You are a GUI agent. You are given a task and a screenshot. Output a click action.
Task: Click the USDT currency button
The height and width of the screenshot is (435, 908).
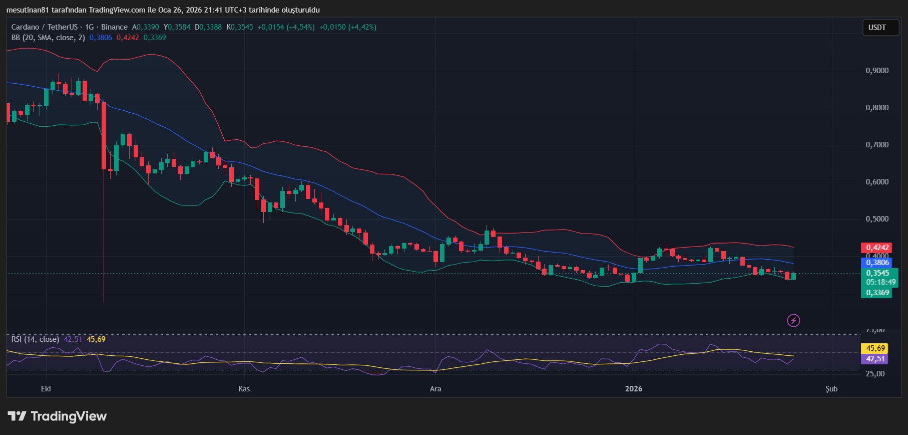877,28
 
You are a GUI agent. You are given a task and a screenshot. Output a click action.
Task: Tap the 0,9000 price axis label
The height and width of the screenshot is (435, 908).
877,71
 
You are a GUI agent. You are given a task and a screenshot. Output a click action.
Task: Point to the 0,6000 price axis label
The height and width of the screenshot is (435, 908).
877,182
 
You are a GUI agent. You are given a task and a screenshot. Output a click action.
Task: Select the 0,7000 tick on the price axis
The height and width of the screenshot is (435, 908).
877,145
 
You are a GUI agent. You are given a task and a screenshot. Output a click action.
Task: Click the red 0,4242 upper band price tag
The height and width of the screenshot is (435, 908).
877,248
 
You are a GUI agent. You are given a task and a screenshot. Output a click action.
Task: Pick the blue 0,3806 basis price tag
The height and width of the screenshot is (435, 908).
877,263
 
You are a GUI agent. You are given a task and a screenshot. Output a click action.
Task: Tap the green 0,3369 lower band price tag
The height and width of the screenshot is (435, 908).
877,293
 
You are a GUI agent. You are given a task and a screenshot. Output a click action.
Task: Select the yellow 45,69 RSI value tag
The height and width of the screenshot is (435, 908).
875,348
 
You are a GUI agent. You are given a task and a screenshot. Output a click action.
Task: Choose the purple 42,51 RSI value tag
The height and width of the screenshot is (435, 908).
875,359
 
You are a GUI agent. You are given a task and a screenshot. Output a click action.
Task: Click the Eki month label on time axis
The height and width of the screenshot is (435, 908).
46,389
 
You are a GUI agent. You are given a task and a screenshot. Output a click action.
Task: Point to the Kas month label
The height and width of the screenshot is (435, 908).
244,389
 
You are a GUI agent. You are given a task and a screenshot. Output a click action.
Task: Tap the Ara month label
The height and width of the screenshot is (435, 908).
435,389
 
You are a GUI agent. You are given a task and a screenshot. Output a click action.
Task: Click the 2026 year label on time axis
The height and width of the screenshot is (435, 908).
634,389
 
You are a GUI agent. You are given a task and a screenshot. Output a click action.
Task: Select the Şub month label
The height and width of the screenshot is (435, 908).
831,389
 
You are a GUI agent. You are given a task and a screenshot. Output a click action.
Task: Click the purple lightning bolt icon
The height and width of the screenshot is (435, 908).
793,320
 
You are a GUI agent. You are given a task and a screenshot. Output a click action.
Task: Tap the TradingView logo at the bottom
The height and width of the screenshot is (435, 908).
57,416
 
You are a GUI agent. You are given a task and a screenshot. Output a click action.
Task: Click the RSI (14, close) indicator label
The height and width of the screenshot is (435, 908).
35,339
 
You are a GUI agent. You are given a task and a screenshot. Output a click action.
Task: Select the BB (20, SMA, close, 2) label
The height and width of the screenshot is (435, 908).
48,38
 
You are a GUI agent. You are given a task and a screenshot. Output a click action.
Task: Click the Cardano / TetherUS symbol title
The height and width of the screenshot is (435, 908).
45,27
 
